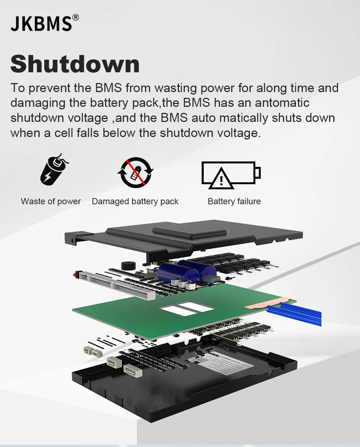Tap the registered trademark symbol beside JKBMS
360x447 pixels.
tap(75, 17)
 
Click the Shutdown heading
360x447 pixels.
tap(75, 64)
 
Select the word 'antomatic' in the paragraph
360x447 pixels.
tap(282, 103)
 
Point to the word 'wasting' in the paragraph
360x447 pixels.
tap(175, 88)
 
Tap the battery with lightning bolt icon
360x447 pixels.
tap(54, 170)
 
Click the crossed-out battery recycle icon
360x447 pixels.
tap(135, 173)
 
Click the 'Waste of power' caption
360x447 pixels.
tap(51, 201)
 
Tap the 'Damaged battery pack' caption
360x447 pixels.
tap(135, 201)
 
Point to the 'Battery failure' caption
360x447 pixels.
tap(234, 201)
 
